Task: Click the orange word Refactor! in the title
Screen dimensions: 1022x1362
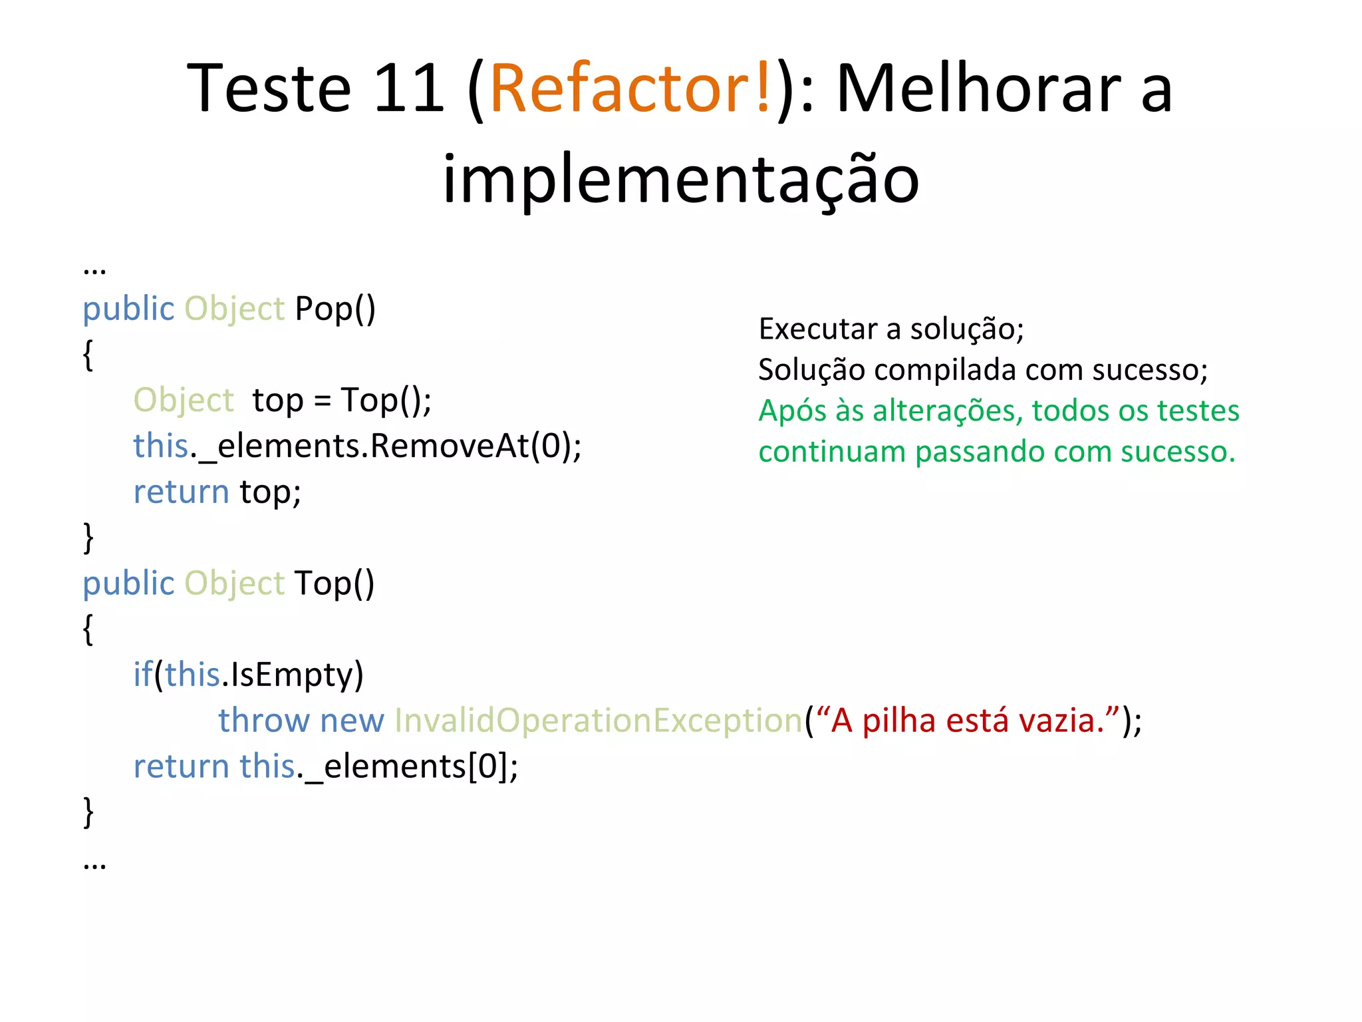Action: (630, 88)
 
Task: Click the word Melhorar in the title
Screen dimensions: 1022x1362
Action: (978, 88)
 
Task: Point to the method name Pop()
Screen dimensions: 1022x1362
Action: (335, 309)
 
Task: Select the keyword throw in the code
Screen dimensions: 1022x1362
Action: (264, 721)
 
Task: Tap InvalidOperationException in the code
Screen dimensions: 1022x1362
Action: (599, 721)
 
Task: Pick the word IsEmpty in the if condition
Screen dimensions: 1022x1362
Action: (291, 675)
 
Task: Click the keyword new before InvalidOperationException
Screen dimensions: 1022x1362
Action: (352, 721)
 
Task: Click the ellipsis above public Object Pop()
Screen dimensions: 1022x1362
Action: (94, 269)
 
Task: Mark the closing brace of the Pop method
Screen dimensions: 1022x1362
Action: (88, 538)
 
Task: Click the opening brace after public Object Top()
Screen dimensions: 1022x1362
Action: (88, 629)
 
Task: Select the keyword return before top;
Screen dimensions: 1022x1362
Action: (181, 492)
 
